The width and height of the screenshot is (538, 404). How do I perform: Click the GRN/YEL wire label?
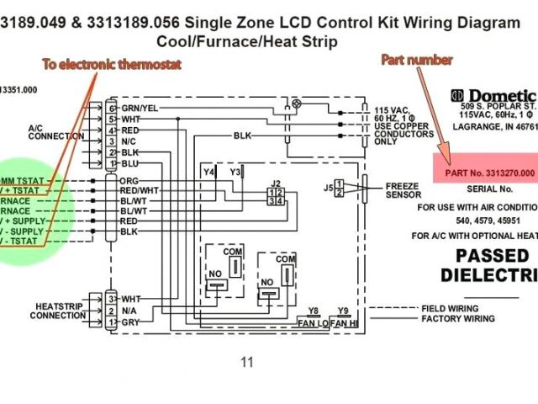[x=140, y=109]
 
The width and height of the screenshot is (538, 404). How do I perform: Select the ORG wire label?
[x=129, y=181]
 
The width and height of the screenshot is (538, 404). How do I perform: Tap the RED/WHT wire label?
[x=139, y=191]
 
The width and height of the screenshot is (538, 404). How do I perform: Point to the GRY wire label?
[x=130, y=322]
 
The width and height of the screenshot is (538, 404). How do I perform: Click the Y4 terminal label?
[x=209, y=173]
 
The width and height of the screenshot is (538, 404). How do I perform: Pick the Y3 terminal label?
[x=235, y=173]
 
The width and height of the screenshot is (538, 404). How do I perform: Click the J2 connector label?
[x=276, y=183]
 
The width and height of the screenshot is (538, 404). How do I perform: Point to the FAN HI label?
[x=343, y=323]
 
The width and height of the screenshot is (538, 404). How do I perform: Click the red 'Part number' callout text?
[x=418, y=60]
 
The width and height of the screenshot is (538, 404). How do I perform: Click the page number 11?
[x=246, y=363]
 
